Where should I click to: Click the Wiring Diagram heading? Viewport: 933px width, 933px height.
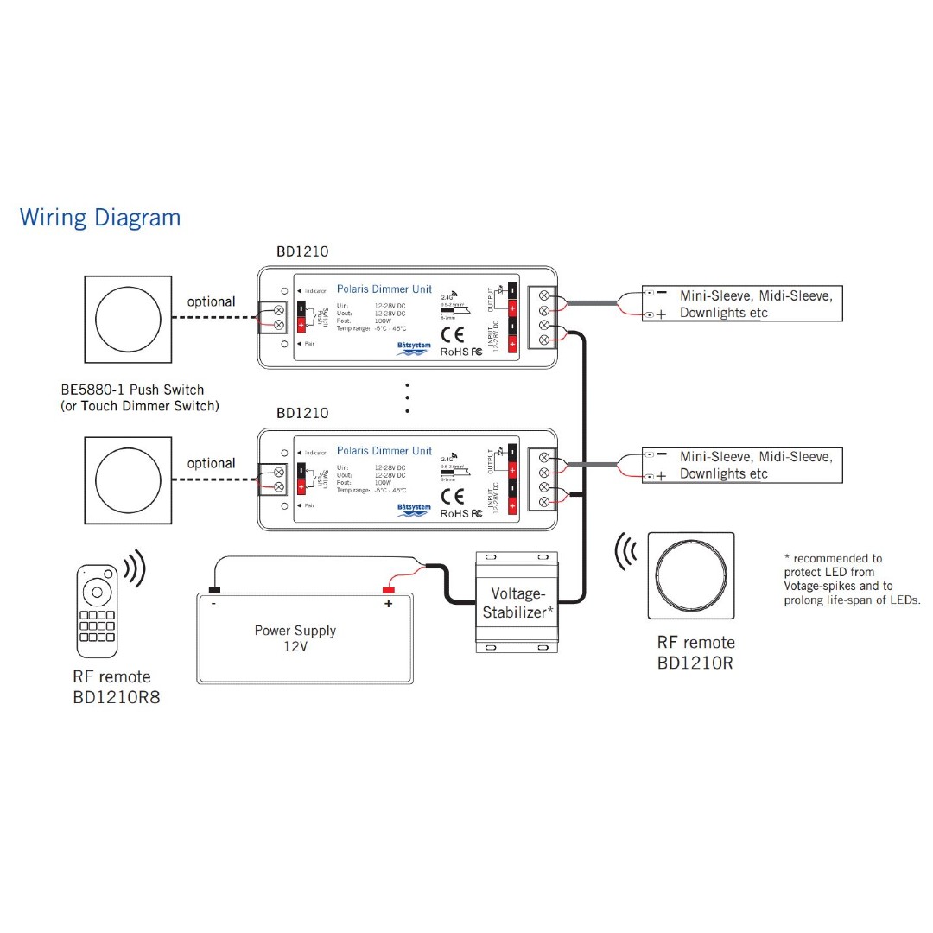[x=100, y=217]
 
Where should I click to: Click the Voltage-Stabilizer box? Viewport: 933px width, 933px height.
[x=517, y=603]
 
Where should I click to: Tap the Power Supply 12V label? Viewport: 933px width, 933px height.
[x=295, y=638]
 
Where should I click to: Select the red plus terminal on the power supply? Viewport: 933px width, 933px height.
[x=389, y=591]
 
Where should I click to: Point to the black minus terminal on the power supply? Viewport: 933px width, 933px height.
[x=213, y=591]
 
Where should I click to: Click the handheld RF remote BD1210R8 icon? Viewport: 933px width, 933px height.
[x=97, y=608]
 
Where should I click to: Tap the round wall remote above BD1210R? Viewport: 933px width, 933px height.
[x=691, y=575]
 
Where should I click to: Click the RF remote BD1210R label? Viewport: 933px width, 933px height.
[x=696, y=653]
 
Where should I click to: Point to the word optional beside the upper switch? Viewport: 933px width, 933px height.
[x=212, y=302]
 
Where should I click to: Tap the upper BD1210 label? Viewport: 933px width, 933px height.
[x=302, y=252]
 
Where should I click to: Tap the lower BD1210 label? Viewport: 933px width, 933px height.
[x=302, y=413]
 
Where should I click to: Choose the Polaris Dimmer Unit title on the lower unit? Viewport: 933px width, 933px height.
[x=384, y=451]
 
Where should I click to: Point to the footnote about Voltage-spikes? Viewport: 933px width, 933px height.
[x=851, y=579]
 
